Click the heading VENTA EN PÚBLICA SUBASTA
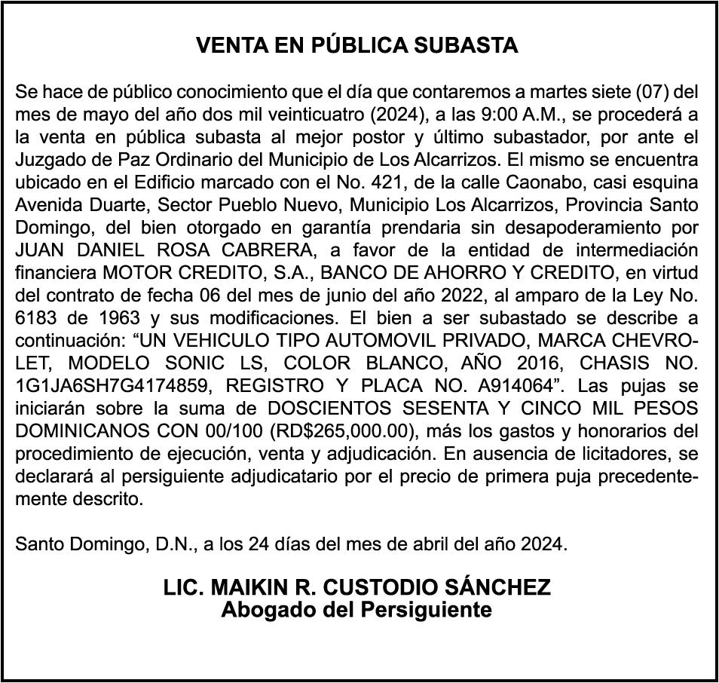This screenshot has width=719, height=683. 357,45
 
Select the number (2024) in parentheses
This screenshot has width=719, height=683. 378,115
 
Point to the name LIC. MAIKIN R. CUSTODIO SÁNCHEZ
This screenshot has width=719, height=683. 357,587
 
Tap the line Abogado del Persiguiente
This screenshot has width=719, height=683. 356,609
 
